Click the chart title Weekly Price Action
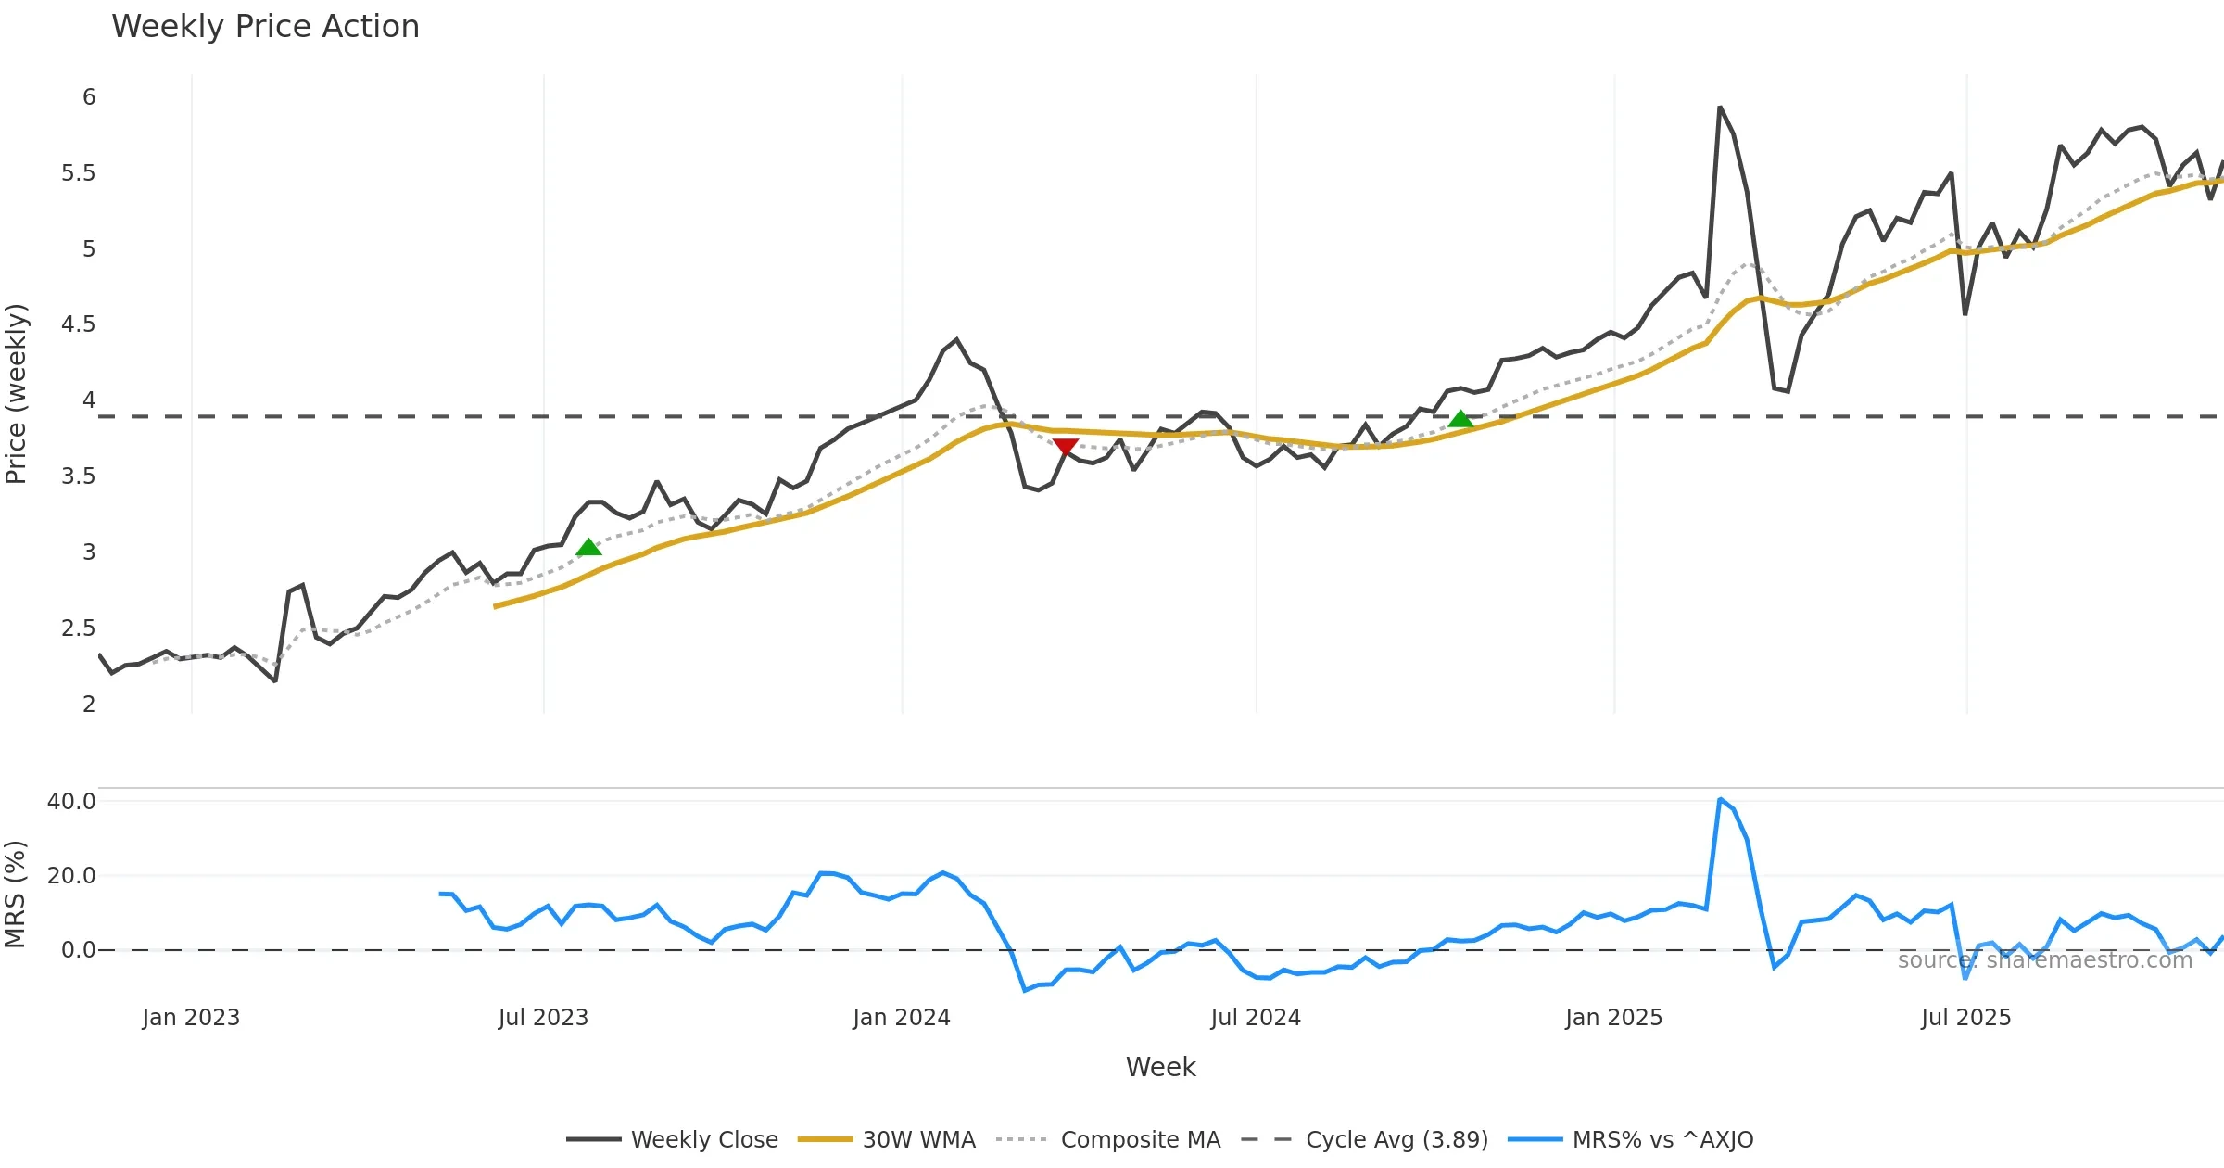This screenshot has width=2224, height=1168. [265, 27]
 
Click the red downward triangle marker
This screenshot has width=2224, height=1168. [1066, 448]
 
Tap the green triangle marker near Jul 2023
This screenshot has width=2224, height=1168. [588, 548]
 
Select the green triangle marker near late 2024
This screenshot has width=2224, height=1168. [1460, 419]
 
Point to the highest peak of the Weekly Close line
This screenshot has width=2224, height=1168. [1720, 108]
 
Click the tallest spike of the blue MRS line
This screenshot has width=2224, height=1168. [1720, 800]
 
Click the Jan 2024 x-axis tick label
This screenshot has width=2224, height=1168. [902, 1018]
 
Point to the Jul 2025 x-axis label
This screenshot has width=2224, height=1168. [1965, 1018]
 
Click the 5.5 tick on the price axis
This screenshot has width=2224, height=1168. [79, 173]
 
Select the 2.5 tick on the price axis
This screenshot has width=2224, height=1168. [79, 628]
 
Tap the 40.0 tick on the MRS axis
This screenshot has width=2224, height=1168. [71, 802]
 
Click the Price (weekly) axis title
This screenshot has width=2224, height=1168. [17, 394]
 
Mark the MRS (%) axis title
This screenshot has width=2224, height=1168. [15, 895]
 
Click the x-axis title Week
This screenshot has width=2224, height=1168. [1160, 1068]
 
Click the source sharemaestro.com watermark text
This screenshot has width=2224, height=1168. [2045, 960]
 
